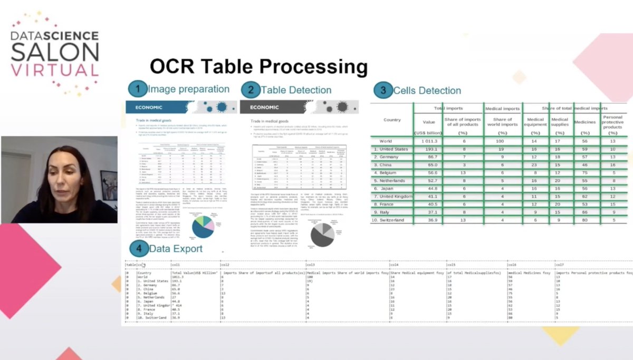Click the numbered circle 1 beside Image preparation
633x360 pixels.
(x=138, y=89)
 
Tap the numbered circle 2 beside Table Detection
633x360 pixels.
(x=251, y=90)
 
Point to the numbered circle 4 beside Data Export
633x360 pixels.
(x=139, y=249)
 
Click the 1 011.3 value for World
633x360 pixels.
(x=428, y=141)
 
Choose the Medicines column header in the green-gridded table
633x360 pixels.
(x=584, y=122)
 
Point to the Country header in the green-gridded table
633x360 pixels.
(x=392, y=120)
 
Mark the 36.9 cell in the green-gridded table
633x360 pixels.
(x=428, y=220)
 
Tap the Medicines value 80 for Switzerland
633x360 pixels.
(x=584, y=220)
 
